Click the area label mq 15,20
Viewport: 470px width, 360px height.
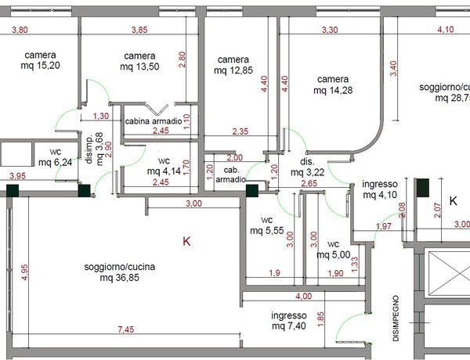[41, 65]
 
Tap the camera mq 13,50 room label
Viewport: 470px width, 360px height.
[139, 61]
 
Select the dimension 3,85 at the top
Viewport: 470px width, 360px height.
[139, 30]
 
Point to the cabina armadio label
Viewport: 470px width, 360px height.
[154, 121]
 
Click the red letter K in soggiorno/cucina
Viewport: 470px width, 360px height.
[186, 241]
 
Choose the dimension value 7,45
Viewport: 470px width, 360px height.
[126, 329]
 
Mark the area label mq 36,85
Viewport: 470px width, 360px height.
[120, 278]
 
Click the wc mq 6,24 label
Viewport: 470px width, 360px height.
[56, 157]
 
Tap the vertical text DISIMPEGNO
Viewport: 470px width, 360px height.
[396, 319]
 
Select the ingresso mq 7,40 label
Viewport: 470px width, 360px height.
[289, 320]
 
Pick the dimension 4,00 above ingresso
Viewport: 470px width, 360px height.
[304, 296]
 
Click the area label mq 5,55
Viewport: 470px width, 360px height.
[267, 231]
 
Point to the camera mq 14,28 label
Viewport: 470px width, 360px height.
[333, 85]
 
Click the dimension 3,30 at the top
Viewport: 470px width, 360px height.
[330, 30]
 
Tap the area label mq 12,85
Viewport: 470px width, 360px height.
[233, 70]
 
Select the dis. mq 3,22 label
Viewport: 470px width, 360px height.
[308, 167]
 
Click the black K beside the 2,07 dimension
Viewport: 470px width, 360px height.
[454, 200]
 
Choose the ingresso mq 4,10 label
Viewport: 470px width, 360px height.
[380, 189]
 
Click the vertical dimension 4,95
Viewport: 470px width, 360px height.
[25, 272]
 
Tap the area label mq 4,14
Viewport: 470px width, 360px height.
[164, 171]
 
